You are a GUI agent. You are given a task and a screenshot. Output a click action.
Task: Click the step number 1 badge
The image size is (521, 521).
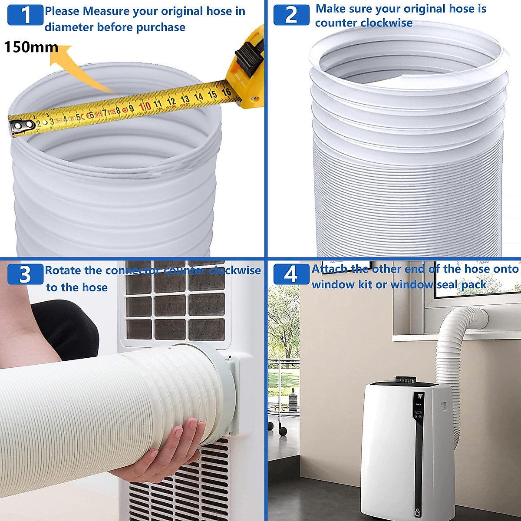click(x=26, y=15)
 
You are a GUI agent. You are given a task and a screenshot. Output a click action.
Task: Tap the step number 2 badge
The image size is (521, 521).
click(x=291, y=15)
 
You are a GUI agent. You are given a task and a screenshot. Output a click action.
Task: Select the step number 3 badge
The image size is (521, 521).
click(x=25, y=274)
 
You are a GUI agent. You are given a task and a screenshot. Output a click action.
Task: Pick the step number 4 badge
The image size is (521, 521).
click(x=290, y=274)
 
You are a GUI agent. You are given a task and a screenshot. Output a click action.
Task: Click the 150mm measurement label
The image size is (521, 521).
click(x=31, y=47)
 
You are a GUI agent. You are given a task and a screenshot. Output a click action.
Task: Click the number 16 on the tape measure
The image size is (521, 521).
click(x=226, y=92)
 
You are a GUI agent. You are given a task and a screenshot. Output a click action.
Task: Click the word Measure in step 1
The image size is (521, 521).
click(x=107, y=11)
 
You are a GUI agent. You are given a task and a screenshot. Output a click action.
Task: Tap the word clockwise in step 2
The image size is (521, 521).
click(x=388, y=23)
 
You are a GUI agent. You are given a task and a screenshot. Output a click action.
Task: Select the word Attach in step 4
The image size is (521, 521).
click(x=330, y=269)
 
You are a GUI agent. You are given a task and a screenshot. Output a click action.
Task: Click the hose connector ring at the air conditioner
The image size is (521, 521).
click(x=221, y=382)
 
